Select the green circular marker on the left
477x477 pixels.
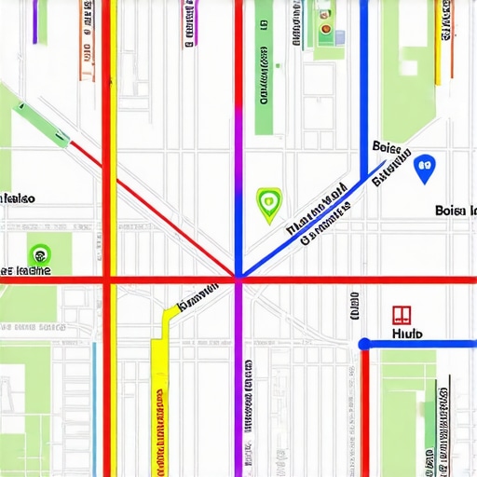click(39, 252)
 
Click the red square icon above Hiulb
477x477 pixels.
click(402, 314)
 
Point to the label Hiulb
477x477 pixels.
click(407, 333)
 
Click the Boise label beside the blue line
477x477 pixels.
click(386, 147)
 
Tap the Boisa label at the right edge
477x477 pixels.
click(456, 211)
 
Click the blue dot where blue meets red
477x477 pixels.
click(364, 344)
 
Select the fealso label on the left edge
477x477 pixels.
click(18, 198)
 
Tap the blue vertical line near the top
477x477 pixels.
click(361, 75)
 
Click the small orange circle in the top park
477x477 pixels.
click(327, 28)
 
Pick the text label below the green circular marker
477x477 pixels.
click(26, 271)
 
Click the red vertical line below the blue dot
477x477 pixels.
click(364, 410)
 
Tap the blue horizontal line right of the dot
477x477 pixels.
click(419, 343)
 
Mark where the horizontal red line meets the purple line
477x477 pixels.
click(238, 279)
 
